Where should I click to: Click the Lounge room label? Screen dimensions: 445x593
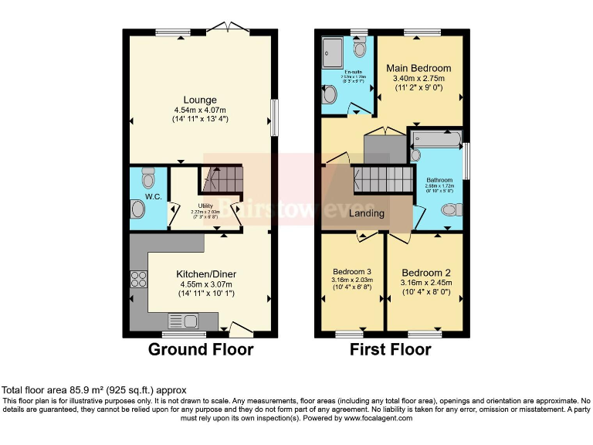click(x=200, y=100)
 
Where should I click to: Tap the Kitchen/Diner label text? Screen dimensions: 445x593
click(x=206, y=274)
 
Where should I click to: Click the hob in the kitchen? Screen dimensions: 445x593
click(x=140, y=280)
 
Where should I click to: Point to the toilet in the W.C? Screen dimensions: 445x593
click(x=148, y=181)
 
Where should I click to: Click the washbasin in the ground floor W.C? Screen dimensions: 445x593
click(x=137, y=210)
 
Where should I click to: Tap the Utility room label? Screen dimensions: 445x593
click(x=205, y=206)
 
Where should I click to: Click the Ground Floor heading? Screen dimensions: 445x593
click(x=201, y=349)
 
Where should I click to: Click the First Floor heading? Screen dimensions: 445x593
click(x=391, y=349)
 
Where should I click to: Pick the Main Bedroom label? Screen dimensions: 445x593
click(x=418, y=68)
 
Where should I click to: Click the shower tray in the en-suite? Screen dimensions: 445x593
click(x=334, y=51)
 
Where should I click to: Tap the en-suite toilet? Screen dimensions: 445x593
click(x=360, y=49)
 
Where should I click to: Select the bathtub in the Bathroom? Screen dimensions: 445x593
click(x=437, y=140)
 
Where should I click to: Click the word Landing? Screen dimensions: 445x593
click(x=368, y=212)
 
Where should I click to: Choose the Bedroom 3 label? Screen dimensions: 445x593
click(x=352, y=272)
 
